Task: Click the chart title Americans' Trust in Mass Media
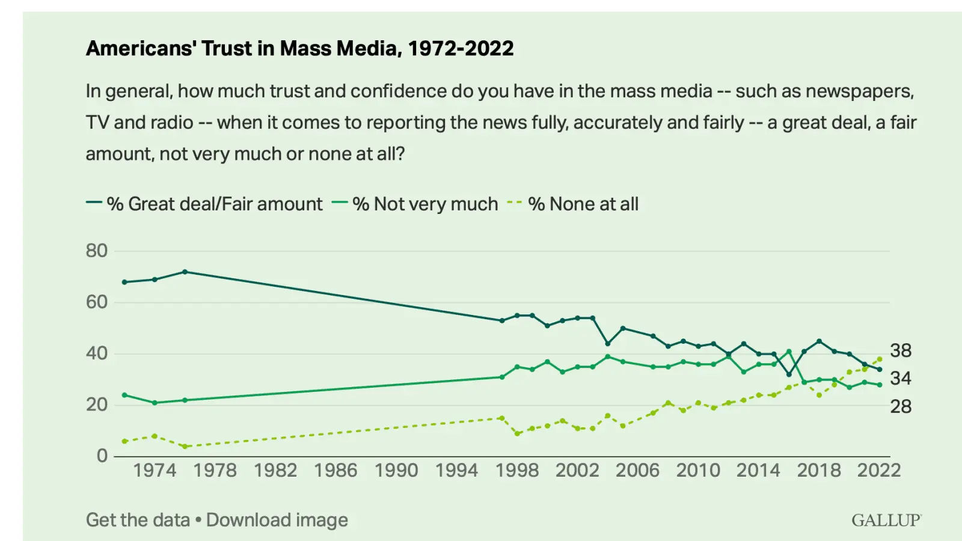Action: point(299,48)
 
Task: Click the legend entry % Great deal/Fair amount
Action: point(214,204)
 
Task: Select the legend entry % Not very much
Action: point(424,204)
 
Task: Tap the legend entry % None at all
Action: point(583,204)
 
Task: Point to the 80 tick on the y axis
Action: point(97,251)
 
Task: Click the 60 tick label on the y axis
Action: point(97,302)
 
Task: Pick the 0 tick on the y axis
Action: point(102,456)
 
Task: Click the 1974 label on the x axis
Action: point(155,470)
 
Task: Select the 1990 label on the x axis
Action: point(396,470)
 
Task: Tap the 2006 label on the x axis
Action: point(637,470)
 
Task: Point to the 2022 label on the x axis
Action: point(878,470)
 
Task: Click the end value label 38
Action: point(901,350)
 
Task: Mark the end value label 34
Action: point(901,378)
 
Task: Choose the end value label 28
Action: point(901,406)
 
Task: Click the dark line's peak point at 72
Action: point(185,272)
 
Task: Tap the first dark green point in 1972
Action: point(124,282)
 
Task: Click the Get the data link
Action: point(138,520)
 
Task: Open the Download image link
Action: point(277,520)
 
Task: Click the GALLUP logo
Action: point(886,520)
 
